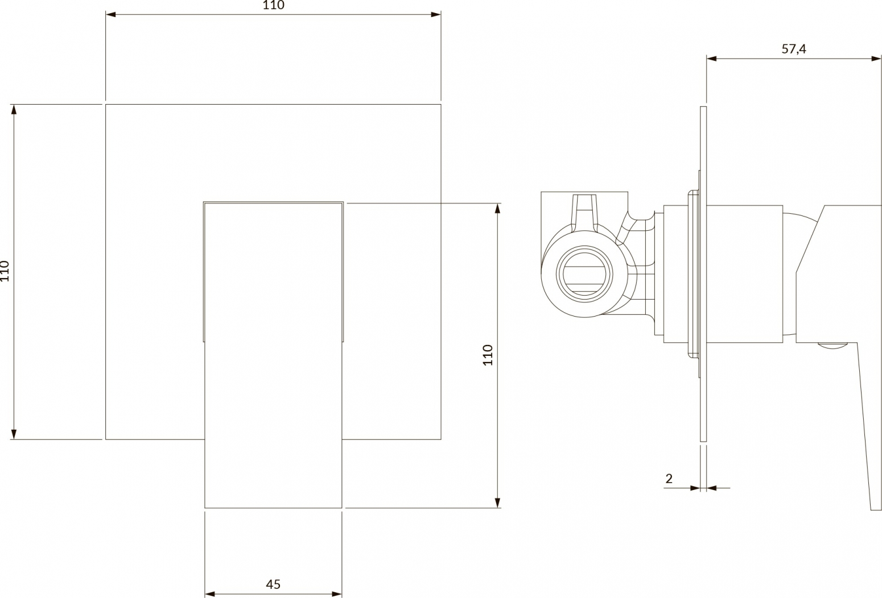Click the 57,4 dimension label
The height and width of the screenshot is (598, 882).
pos(794,49)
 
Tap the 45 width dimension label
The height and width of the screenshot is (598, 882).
pos(273,584)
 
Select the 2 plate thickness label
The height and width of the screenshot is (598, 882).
pos(669,479)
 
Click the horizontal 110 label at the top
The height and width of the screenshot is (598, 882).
pos(273,5)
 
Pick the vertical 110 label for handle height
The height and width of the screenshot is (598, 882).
pos(488,355)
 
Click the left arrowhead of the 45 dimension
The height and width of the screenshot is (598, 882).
pos(209,594)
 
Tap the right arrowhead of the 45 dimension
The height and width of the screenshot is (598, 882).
pos(337,594)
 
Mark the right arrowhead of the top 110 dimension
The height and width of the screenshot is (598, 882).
pos(436,15)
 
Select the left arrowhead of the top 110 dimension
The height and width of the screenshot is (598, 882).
pos(110,15)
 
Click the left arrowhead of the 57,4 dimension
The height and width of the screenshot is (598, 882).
pos(711,59)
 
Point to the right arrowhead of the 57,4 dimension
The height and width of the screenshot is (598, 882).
pos(876,59)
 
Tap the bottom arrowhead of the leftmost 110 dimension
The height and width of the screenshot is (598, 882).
pos(14,434)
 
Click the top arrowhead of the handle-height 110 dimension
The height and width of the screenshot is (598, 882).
pos(498,209)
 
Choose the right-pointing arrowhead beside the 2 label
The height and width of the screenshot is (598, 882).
pos(695,488)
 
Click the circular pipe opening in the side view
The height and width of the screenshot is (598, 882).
pos(584,274)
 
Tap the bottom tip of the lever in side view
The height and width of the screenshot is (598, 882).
pos(876,510)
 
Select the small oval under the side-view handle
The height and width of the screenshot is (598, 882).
pos(832,346)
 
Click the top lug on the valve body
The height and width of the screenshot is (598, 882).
pos(585,213)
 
